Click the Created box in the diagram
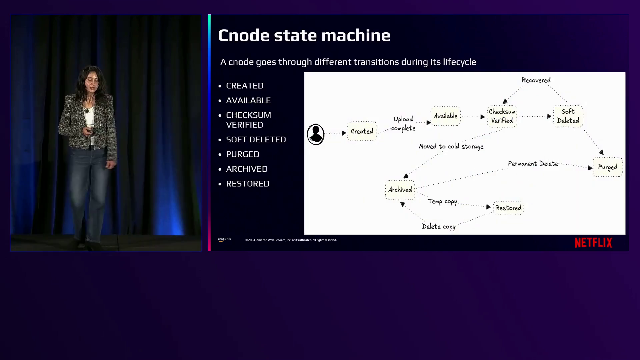pos(362,131)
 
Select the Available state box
pos(445,116)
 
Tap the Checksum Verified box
pos(502,116)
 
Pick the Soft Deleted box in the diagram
pos(568,116)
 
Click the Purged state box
pos(608,167)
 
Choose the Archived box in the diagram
pos(400,190)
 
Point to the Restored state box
pos(508,208)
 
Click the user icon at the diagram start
pos(315,134)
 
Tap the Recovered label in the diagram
pos(536,80)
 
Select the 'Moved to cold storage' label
pos(451,147)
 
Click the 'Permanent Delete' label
pos(533,164)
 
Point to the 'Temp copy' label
pos(442,201)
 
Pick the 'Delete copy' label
pos(439,227)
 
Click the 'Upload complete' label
pos(403,124)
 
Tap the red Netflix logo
pos(593,243)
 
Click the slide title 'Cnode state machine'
pos(304,35)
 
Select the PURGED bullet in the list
pos(243,154)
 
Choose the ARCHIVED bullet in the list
pos(247,169)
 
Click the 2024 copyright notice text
pos(291,240)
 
